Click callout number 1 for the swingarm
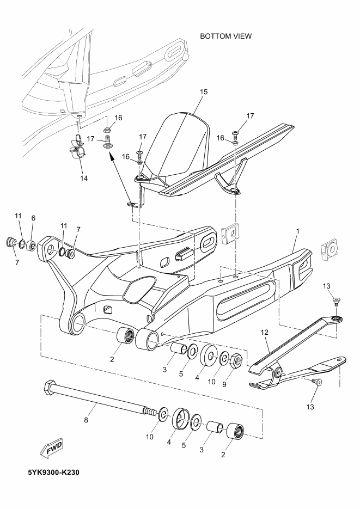[297, 231]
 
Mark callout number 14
[83, 177]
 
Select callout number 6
[33, 218]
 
